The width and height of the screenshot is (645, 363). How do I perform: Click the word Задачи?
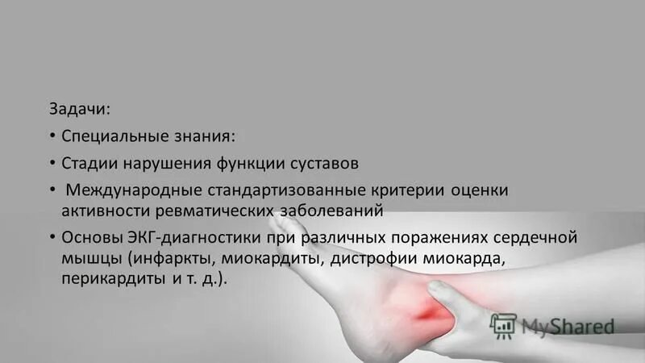pyautogui.click(x=77, y=108)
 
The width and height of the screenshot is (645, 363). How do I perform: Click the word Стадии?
pyautogui.click(x=89, y=163)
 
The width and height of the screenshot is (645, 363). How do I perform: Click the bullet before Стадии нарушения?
pyautogui.click(x=51, y=163)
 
